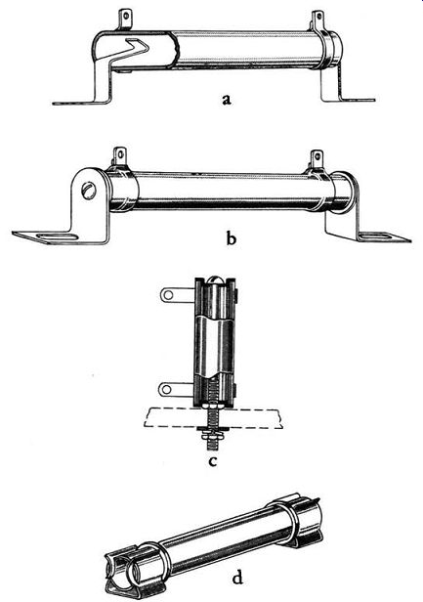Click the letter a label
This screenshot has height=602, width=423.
(227, 100)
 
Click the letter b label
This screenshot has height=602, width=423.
(232, 238)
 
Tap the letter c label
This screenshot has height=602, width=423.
(213, 460)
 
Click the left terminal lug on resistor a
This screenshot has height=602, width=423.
(125, 20)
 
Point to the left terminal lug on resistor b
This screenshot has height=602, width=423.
(120, 157)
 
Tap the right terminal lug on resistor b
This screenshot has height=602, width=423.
(317, 159)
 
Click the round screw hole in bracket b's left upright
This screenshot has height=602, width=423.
(89, 191)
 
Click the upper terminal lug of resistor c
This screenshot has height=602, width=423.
(175, 294)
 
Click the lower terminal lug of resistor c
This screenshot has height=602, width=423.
(175, 389)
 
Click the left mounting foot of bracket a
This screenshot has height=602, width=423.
(82, 103)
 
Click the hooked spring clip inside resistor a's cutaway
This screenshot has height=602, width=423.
(127, 52)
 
